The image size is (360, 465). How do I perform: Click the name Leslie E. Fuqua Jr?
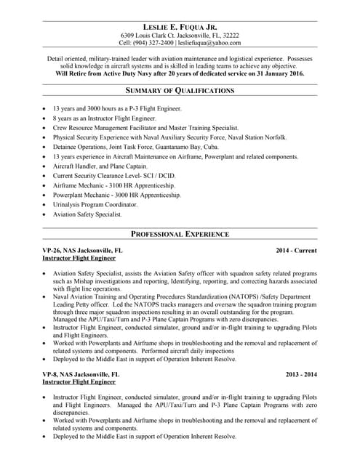pyautogui.click(x=180, y=27)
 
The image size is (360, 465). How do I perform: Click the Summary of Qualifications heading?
pyautogui.click(x=180, y=90)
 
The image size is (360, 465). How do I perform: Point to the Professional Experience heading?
pyautogui.click(x=180, y=234)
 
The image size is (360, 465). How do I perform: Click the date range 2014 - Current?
pyautogui.click(x=296, y=250)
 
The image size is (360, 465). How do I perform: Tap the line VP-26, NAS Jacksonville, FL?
pyautogui.click(x=83, y=250)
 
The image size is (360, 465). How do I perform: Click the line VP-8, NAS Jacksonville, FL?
pyautogui.click(x=81, y=374)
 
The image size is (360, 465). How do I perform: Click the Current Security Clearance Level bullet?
pyautogui.click(x=114, y=175)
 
